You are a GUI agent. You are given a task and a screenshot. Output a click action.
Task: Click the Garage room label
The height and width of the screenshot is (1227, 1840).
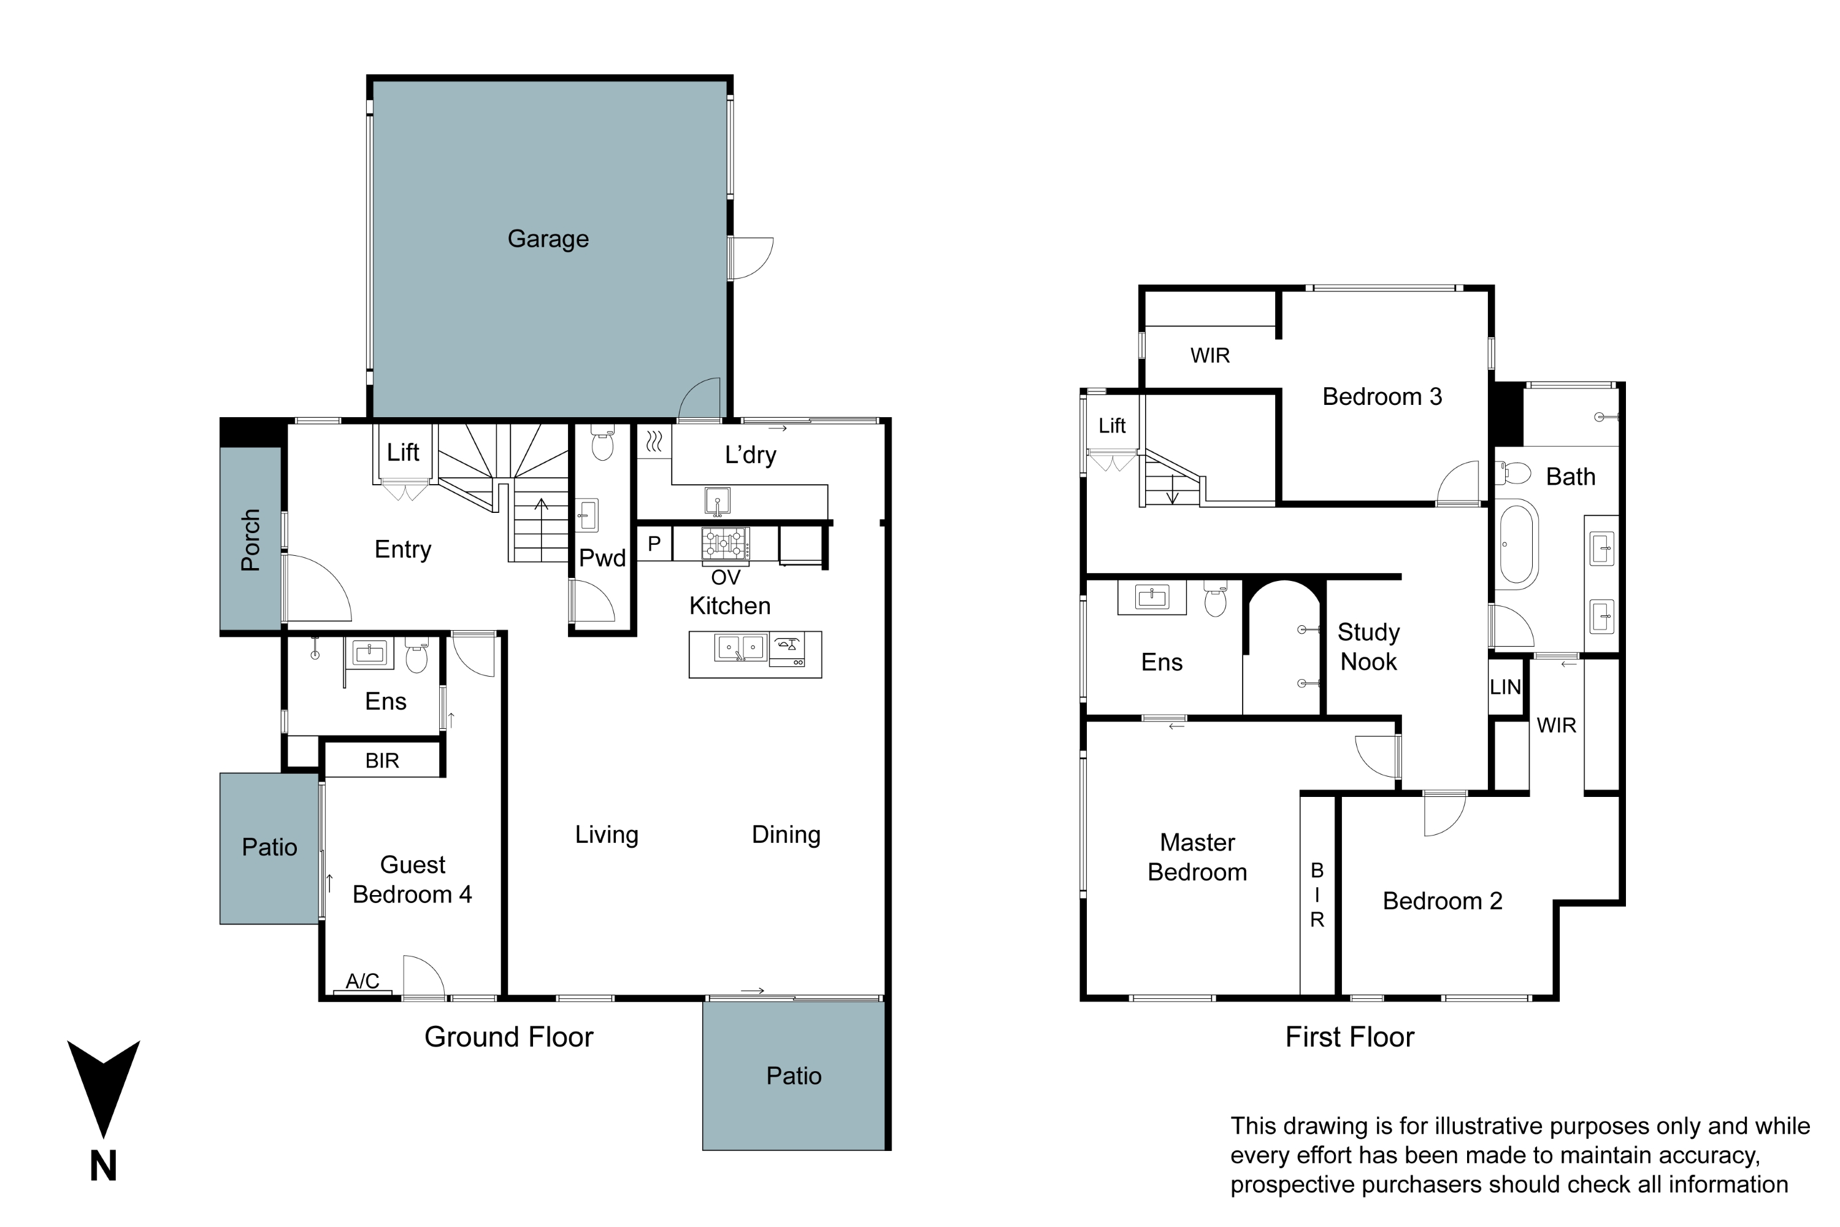(548, 239)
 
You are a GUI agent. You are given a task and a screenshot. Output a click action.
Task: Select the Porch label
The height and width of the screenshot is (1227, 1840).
(250, 540)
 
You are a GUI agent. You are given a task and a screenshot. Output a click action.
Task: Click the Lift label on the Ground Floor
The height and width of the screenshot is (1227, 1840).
(403, 452)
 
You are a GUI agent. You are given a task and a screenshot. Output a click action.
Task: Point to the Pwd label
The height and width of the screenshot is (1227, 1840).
(602, 558)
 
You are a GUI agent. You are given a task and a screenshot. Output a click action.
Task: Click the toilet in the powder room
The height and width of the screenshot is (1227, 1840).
(602, 444)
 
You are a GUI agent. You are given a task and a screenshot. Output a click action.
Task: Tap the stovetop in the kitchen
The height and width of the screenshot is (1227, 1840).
(725, 542)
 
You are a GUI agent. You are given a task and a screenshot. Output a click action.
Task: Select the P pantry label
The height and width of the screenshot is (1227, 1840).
(654, 543)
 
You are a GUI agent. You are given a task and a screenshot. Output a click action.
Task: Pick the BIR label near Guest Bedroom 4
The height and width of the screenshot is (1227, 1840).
(381, 761)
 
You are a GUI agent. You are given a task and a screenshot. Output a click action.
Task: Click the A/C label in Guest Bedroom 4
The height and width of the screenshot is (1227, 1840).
(362, 980)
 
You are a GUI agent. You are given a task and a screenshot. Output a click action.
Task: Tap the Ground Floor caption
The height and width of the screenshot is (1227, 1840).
(508, 1037)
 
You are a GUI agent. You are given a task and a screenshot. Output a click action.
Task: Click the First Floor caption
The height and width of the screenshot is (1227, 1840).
(1349, 1037)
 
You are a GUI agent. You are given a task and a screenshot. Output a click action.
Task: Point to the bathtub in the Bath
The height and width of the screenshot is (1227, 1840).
(1517, 544)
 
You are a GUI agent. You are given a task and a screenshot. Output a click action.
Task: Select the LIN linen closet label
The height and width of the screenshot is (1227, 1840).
(1505, 687)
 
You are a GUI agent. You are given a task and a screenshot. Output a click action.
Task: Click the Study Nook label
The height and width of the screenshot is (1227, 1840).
(1368, 647)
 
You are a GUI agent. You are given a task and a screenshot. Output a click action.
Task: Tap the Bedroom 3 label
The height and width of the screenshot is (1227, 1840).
(1382, 397)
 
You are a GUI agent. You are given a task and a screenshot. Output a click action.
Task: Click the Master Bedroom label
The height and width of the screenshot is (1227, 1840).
(1197, 857)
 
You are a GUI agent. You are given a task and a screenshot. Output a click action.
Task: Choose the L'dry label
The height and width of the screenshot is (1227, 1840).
(750, 455)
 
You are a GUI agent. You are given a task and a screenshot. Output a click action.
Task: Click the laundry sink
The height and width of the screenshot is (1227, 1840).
(718, 500)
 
